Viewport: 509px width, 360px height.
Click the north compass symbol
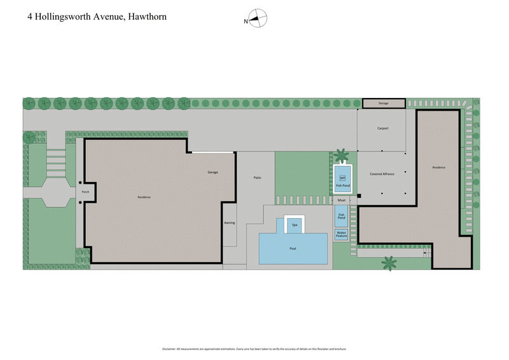pos(257,19)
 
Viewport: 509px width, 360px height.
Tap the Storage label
pos(383,103)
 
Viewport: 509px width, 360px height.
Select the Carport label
pos(382,128)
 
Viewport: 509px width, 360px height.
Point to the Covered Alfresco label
pos(382,174)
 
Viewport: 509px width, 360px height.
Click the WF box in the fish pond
pos(342,177)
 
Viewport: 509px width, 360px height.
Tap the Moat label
pos(342,200)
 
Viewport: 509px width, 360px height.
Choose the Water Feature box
pos(341,233)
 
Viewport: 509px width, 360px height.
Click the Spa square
pos(294,225)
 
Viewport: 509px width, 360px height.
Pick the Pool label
pos(293,249)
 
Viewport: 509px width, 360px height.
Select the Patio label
pos(258,177)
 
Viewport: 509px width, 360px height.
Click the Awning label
pos(230,223)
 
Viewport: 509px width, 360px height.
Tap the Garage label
pos(213,172)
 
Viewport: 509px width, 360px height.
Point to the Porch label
pos(85,191)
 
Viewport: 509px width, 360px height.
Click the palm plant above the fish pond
pos(342,155)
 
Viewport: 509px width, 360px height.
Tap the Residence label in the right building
pos(439,167)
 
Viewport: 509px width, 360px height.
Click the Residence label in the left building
pos(144,197)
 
